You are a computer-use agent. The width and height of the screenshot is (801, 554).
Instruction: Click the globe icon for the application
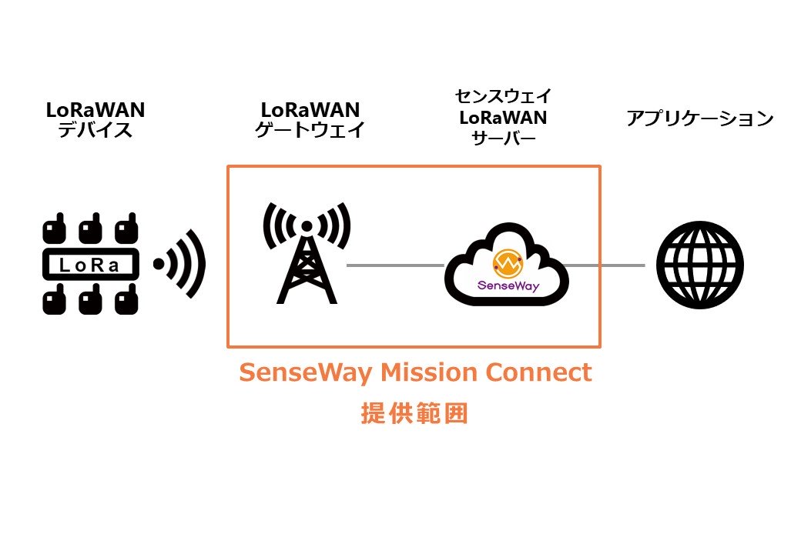pyautogui.click(x=699, y=265)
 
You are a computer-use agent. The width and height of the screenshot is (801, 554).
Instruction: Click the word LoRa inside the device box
pyautogui.click(x=90, y=265)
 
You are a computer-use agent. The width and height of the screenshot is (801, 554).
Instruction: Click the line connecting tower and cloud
pyautogui.click(x=395, y=265)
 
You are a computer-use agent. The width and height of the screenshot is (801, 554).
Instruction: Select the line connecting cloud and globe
pyautogui.click(x=605, y=265)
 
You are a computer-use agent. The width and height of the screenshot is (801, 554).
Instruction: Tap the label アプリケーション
pyautogui.click(x=699, y=118)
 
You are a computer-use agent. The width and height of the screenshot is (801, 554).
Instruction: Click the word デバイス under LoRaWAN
pyautogui.click(x=96, y=130)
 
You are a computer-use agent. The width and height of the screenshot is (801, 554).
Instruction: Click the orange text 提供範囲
pyautogui.click(x=414, y=413)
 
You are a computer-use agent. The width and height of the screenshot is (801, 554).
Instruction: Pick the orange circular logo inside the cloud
pyautogui.click(x=506, y=264)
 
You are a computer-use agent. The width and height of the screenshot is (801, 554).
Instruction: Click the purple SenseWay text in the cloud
pyautogui.click(x=506, y=286)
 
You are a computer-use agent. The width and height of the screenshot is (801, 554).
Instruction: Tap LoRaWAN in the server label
pyautogui.click(x=503, y=118)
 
